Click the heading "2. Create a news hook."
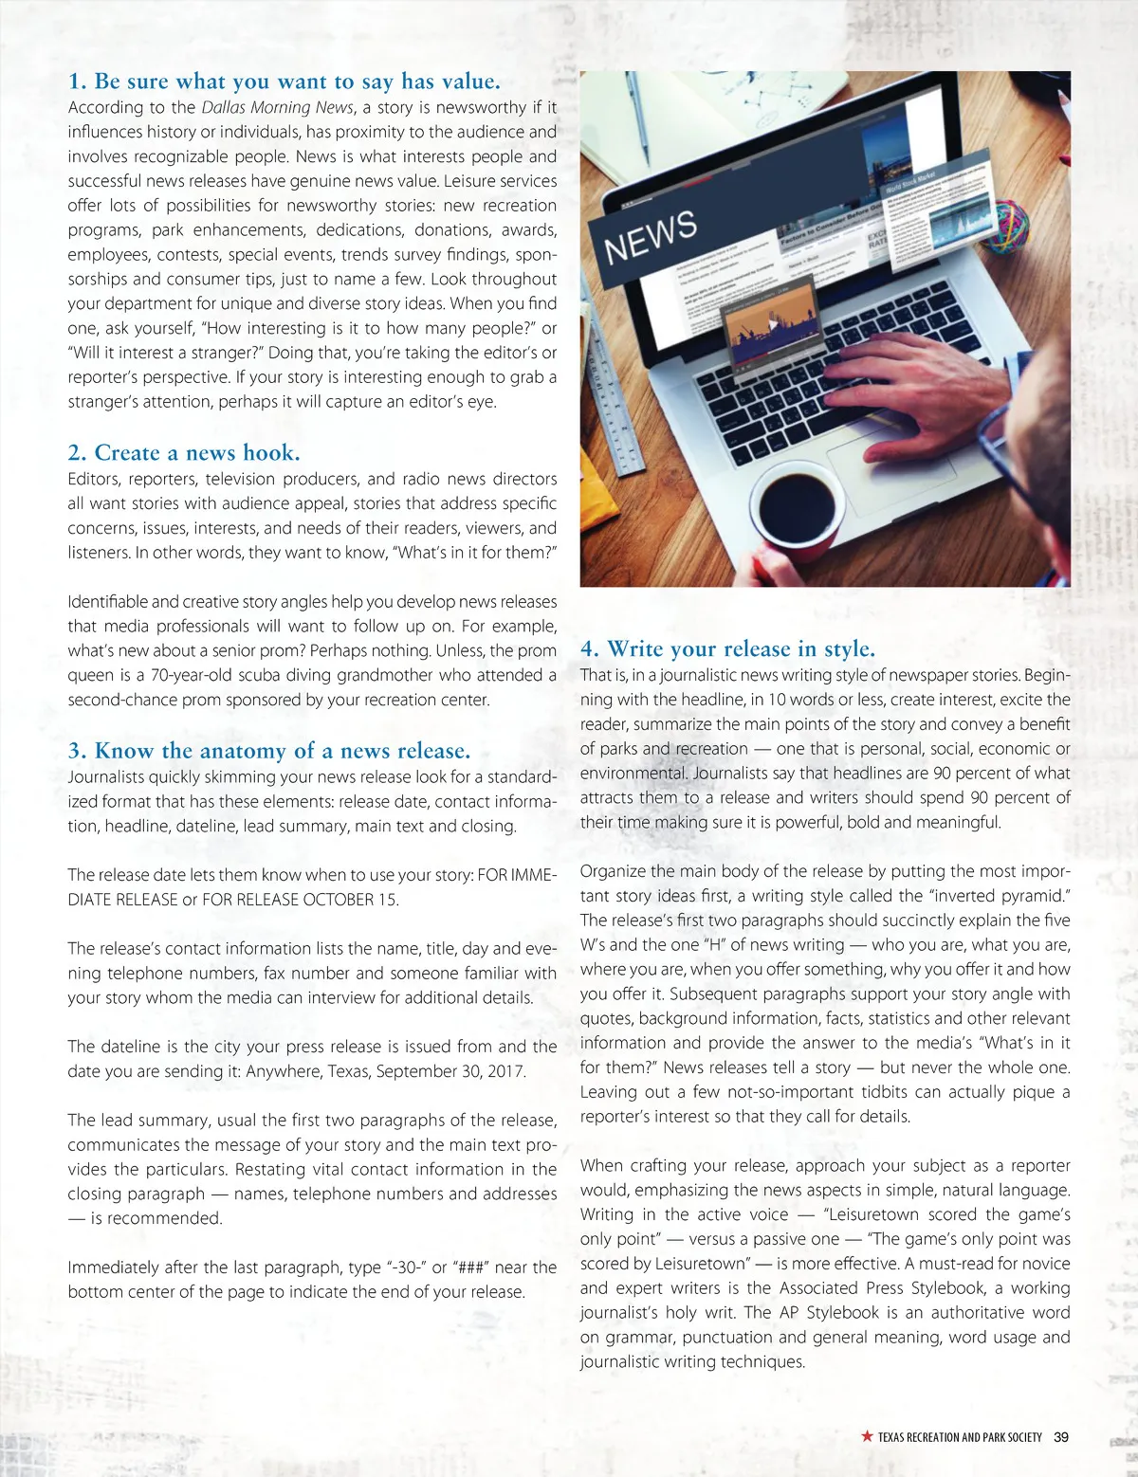point(184,453)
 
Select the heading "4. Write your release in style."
point(727,649)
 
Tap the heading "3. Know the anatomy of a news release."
point(269,751)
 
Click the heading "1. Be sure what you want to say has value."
point(284,82)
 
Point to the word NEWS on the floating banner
point(651,236)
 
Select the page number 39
point(1061,1437)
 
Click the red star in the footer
point(867,1436)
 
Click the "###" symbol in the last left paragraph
point(470,1267)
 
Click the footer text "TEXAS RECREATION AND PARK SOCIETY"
point(960,1437)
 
